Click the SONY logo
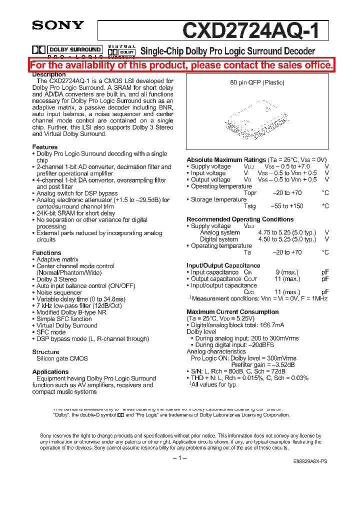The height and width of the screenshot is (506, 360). pyautogui.click(x=58, y=24)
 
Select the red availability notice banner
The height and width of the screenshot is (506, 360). pyautogui.click(x=181, y=65)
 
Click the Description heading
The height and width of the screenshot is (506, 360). pyautogui.click(x=49, y=74)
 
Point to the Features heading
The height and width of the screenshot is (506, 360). pyautogui.click(x=45, y=147)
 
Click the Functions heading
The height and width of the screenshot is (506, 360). pyautogui.click(x=47, y=253)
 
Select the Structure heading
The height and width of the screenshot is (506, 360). pyautogui.click(x=45, y=352)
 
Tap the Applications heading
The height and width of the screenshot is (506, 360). pyautogui.click(x=50, y=372)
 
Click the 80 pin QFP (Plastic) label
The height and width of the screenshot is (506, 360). pyautogui.click(x=257, y=82)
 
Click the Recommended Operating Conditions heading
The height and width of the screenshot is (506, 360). pyautogui.click(x=240, y=219)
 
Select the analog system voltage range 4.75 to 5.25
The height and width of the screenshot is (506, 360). pyautogui.click(x=287, y=232)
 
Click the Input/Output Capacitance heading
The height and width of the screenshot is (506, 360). pyautogui.click(x=223, y=265)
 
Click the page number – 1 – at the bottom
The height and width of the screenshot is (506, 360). pyautogui.click(x=179, y=458)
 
